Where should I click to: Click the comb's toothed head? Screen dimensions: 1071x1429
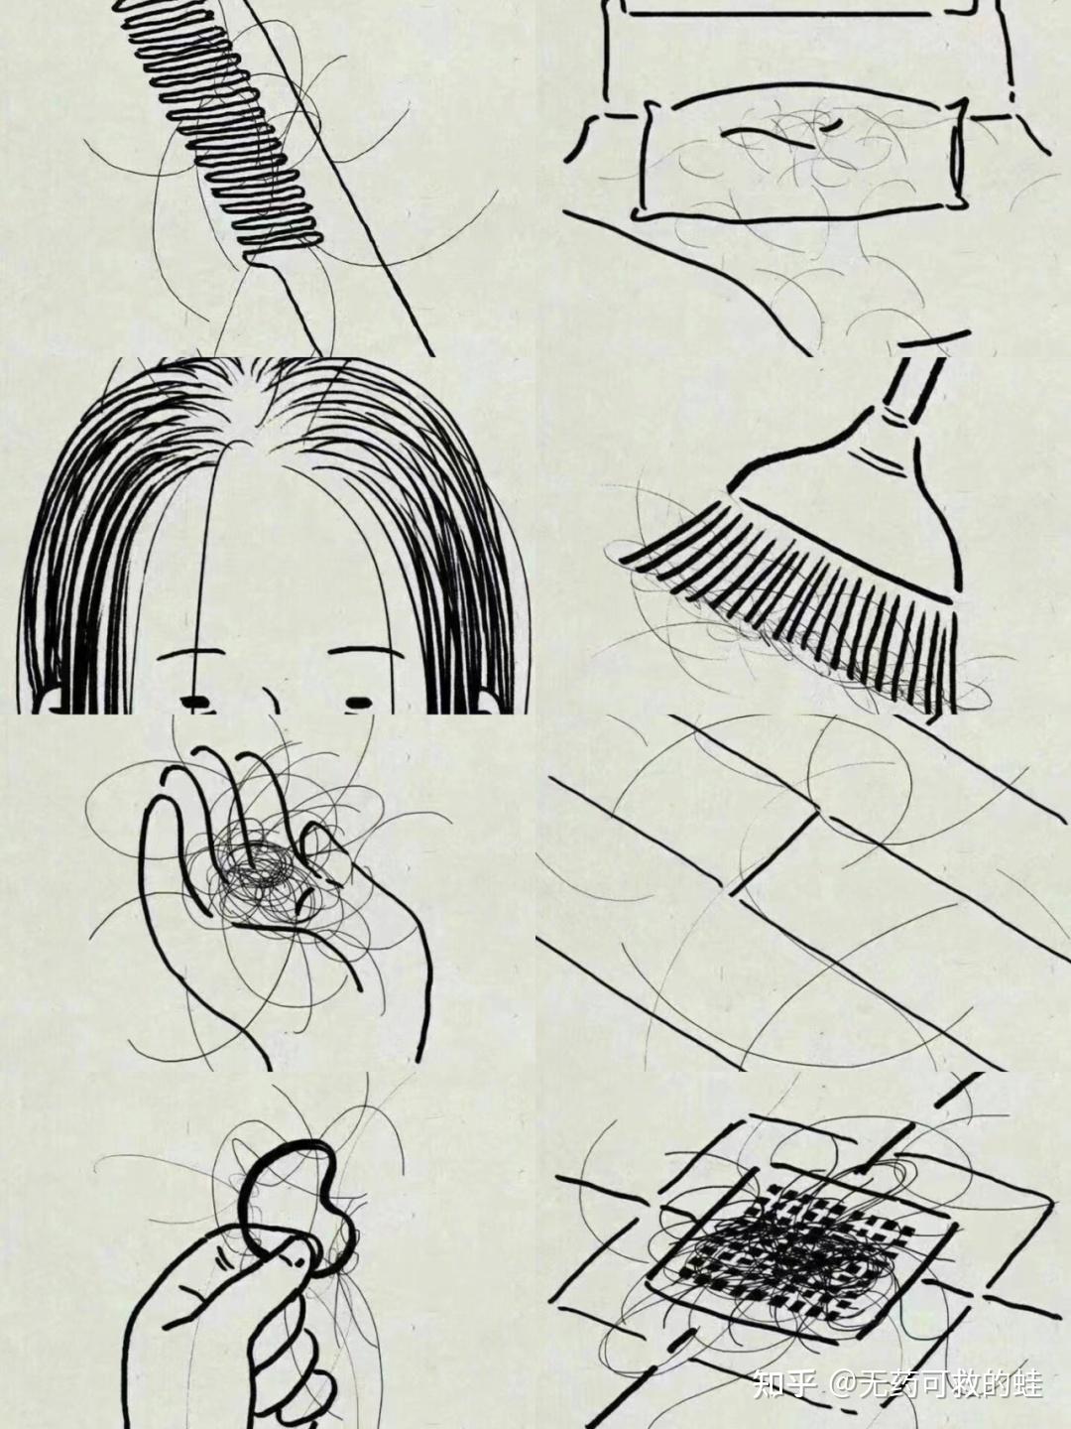click(x=222, y=130)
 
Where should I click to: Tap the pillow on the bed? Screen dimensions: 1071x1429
click(x=801, y=155)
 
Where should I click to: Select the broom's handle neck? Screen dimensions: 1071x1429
click(x=913, y=391)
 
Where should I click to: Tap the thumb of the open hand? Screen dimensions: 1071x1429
click(x=325, y=852)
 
